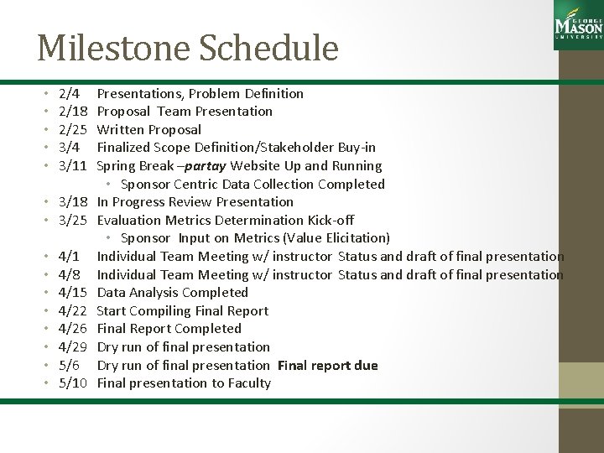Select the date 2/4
(x=70, y=93)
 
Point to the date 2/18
(x=73, y=112)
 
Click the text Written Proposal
(x=149, y=129)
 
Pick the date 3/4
(x=70, y=148)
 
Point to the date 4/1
(x=70, y=257)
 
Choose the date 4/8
(x=70, y=274)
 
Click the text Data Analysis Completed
(x=173, y=293)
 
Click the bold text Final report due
(x=327, y=366)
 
